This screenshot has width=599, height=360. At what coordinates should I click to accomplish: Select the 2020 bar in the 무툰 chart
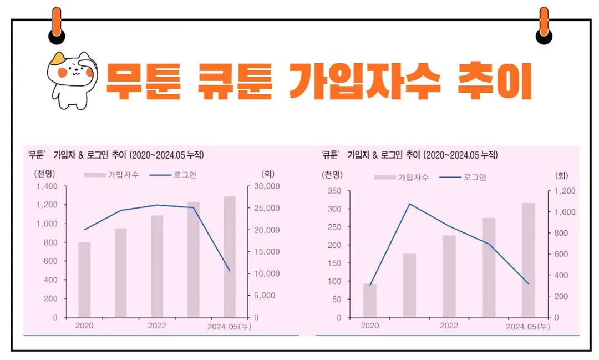coord(84,280)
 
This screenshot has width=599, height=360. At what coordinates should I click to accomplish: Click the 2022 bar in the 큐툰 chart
coord(449,276)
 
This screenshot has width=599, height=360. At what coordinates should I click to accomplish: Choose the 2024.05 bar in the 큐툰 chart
coord(528,260)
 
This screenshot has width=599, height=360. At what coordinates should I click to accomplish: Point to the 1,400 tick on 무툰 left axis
coord(47,186)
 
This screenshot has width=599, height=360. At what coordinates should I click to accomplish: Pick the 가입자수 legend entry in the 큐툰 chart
coord(402,178)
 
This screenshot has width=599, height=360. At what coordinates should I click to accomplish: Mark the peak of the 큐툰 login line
coord(409,204)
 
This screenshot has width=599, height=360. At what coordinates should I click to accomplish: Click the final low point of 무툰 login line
coord(230,271)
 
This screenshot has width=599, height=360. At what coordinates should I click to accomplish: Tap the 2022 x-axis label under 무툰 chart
coord(157,326)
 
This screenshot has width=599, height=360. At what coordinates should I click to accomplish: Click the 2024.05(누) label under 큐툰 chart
coord(527,327)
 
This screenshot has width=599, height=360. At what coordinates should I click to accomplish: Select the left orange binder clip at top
coord(57,25)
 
